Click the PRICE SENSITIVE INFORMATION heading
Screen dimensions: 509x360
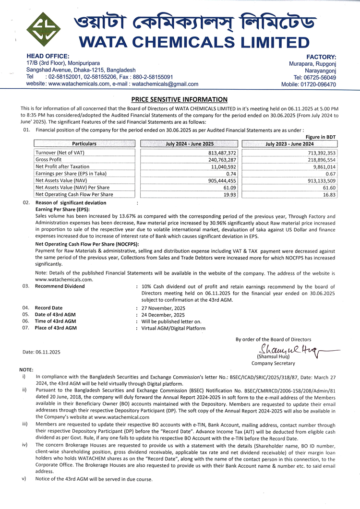coord(180,100)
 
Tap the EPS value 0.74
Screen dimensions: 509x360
coord(231,174)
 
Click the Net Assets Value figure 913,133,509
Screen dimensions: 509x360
coord(320,181)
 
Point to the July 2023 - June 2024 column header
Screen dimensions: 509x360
coord(289,144)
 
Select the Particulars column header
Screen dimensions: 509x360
coord(84,144)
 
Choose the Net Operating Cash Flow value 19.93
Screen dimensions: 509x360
coord(229,195)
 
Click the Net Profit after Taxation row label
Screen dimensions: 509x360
coord(62,166)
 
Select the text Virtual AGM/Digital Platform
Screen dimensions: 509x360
coord(173,329)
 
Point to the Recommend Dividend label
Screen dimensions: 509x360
coord(60,286)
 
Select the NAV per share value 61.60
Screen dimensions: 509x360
coord(329,188)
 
